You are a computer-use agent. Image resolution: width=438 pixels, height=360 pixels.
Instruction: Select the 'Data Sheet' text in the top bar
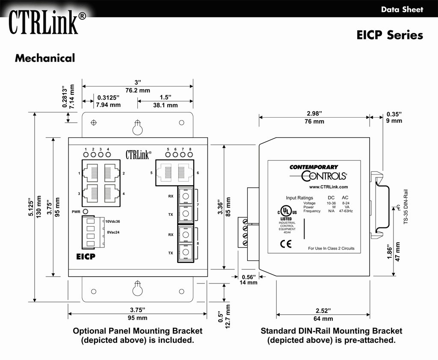[402, 9]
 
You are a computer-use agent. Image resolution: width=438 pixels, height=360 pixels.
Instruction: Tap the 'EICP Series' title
[389, 35]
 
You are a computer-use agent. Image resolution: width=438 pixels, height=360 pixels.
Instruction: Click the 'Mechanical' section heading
[45, 58]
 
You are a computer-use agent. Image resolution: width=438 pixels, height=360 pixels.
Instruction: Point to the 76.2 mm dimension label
[137, 90]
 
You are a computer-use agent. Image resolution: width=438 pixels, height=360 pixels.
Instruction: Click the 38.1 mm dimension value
[166, 105]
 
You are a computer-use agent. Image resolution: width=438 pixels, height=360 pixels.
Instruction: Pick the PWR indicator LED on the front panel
[86, 212]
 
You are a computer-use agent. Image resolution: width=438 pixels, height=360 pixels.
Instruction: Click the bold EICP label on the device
[86, 257]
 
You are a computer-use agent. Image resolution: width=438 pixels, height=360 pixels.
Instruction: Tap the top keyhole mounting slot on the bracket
[137, 127]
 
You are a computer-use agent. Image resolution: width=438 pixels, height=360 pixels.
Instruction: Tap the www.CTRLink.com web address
[328, 187]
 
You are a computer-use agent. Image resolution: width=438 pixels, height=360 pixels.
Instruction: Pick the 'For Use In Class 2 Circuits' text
[331, 248]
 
